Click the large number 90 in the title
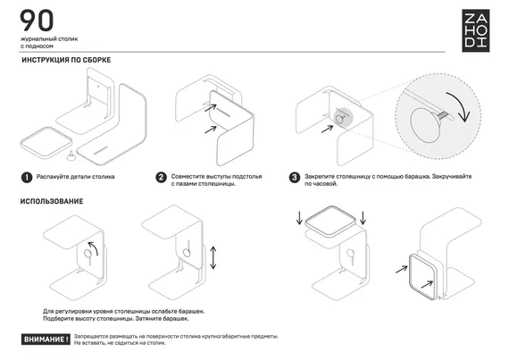37,21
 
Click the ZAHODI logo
476,30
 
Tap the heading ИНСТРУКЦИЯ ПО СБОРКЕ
66,60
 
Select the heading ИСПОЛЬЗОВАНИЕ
52,201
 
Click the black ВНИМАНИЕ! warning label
46,339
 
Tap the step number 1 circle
27,177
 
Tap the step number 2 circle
161,177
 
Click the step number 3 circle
295,177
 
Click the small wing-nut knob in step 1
71,155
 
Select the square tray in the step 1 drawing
46,143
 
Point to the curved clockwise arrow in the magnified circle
460,105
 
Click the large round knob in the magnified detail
426,125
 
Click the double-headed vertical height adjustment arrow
213,258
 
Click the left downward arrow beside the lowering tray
299,218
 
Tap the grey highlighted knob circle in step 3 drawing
342,117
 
